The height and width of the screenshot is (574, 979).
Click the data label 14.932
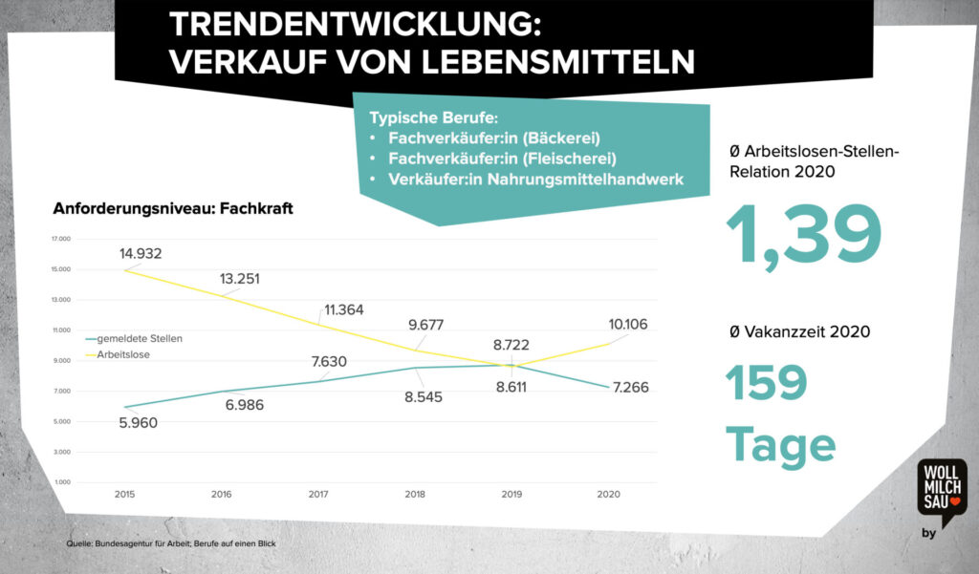pyautogui.click(x=141, y=253)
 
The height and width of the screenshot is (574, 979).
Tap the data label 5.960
pyautogui.click(x=138, y=422)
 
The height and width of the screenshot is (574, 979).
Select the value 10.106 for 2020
pyautogui.click(x=628, y=325)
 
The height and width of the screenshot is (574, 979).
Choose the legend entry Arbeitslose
pyautogui.click(x=123, y=354)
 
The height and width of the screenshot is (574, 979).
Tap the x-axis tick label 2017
pyautogui.click(x=318, y=495)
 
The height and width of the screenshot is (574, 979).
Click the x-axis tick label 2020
pyautogui.click(x=608, y=495)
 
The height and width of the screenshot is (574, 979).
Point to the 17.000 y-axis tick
pyautogui.click(x=62, y=239)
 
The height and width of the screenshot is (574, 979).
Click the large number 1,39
pyautogui.click(x=803, y=237)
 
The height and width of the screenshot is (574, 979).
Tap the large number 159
pyautogui.click(x=767, y=383)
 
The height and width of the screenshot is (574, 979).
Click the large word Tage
pyautogui.click(x=780, y=444)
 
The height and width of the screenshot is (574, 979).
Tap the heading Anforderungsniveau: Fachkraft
pyautogui.click(x=173, y=208)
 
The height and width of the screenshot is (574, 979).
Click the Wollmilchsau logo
pyautogui.click(x=941, y=490)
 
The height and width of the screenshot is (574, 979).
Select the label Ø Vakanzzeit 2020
pyautogui.click(x=799, y=332)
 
